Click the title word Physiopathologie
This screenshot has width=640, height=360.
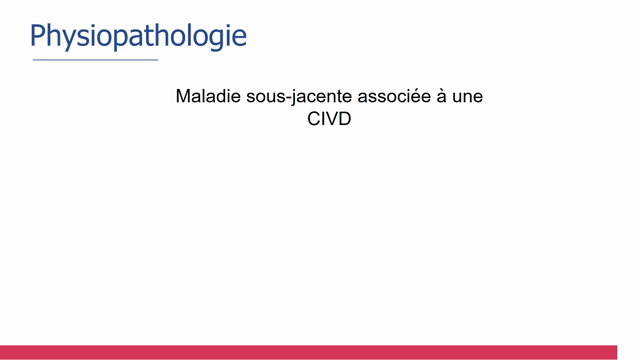[138, 36]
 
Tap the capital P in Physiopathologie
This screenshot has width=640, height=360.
[39, 36]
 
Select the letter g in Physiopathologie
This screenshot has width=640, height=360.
[215, 40]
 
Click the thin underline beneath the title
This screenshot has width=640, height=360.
[95, 60]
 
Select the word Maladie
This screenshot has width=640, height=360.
[207, 97]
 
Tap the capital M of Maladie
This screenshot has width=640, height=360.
[183, 97]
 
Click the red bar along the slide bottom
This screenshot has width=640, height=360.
[320, 352]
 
